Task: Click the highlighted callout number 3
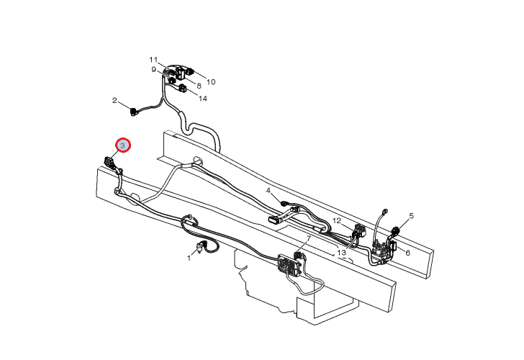coord(122,145)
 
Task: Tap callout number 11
coord(153,60)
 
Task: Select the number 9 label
coord(154,70)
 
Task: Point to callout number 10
coord(211,82)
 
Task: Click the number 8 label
coord(199,86)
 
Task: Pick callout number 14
coord(203,99)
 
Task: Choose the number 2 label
coord(114,100)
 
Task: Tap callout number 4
coord(268,191)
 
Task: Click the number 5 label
coord(412,216)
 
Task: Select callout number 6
coord(407,253)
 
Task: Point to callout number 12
coord(337,221)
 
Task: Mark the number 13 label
coord(341,253)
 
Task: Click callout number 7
coord(309,238)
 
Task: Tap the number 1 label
coord(189,258)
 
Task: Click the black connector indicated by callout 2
coord(134,112)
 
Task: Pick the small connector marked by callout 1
coord(201,247)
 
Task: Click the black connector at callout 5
coord(396,230)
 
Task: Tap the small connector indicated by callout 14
coord(183,89)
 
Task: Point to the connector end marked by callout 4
coord(285,202)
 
